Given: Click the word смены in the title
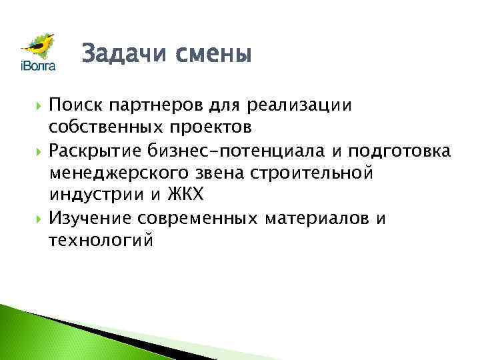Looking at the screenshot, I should coord(213,53).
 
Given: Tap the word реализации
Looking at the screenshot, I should coord(299,105).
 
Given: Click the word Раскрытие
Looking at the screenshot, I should coord(99,151).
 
